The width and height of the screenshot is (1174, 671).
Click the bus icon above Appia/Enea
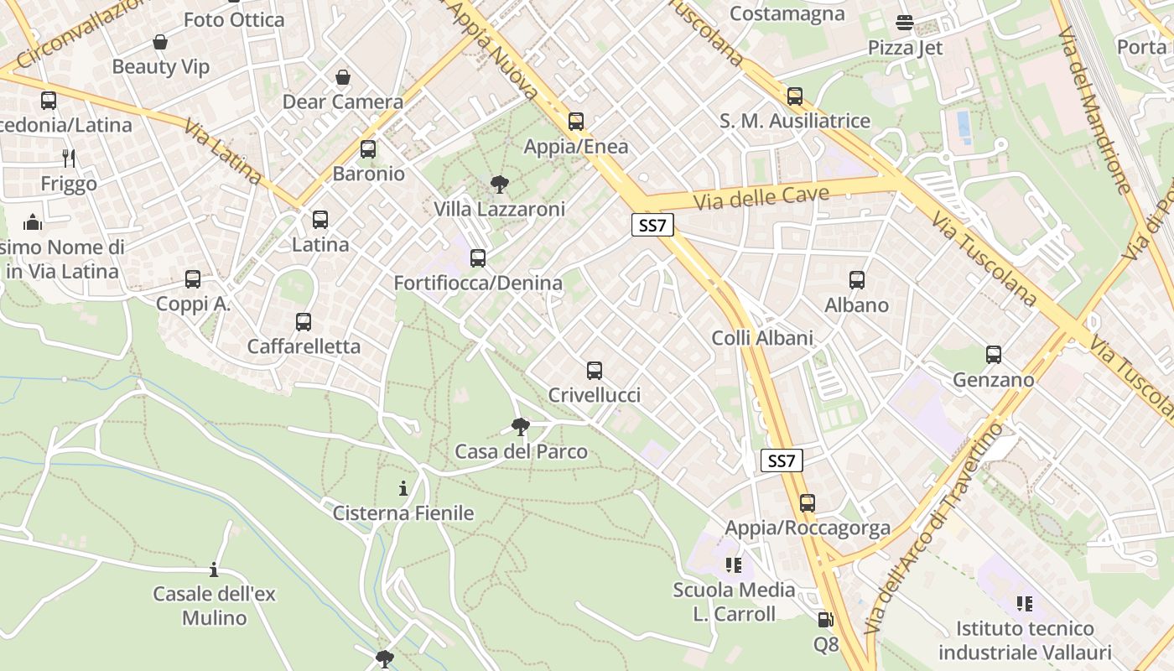(x=575, y=122)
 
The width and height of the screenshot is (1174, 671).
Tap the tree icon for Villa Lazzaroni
(x=499, y=185)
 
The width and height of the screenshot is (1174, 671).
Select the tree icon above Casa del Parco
(x=521, y=427)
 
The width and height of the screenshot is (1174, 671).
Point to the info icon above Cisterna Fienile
(x=403, y=488)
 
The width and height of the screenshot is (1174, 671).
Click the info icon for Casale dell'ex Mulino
(x=214, y=570)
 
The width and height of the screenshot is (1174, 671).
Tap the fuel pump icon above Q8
(x=825, y=620)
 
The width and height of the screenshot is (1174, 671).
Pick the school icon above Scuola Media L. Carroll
(x=734, y=565)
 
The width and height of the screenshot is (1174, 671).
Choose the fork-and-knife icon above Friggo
(x=69, y=158)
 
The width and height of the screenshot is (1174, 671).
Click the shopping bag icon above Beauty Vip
(x=160, y=42)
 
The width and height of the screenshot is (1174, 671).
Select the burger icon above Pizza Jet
(x=905, y=23)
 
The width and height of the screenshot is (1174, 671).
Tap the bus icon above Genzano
(x=994, y=355)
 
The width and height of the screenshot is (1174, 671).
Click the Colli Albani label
(x=762, y=338)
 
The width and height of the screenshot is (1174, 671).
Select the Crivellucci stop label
(x=594, y=395)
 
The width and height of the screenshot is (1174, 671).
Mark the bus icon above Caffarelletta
(x=304, y=322)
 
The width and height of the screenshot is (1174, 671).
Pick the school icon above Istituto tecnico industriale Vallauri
(x=1024, y=603)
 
